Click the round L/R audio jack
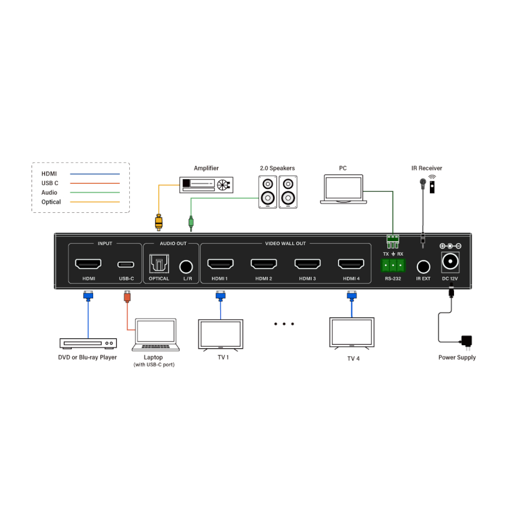tap(186, 266)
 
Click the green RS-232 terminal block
tap(392, 266)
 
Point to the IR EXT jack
tap(423, 267)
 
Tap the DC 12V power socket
tap(450, 261)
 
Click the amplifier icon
tap(207, 185)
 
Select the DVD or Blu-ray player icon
tap(88, 343)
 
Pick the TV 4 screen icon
tap(351, 333)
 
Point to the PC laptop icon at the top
tap(343, 190)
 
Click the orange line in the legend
tap(95, 183)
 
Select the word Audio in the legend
tap(49, 192)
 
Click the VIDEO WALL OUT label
tap(286, 244)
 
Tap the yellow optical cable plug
tap(158, 222)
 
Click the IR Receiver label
tap(426, 168)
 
